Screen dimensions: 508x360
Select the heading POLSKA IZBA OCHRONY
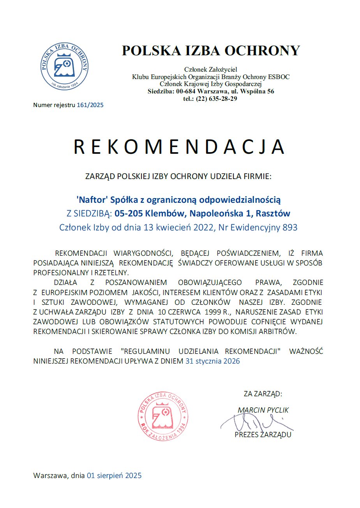pos(211,51)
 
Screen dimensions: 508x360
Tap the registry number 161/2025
pos(90,105)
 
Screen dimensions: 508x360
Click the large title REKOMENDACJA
pos(179,147)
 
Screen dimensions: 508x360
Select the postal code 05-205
pos(127,214)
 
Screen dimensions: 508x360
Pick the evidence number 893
pos(290,227)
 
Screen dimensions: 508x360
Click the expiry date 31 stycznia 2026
pos(212,361)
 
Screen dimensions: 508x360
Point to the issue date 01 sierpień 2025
pos(114,475)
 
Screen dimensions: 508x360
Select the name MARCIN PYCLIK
pos(263,410)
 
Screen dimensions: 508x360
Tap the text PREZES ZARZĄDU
pos(263,435)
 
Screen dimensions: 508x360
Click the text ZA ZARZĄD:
pos(263,394)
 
